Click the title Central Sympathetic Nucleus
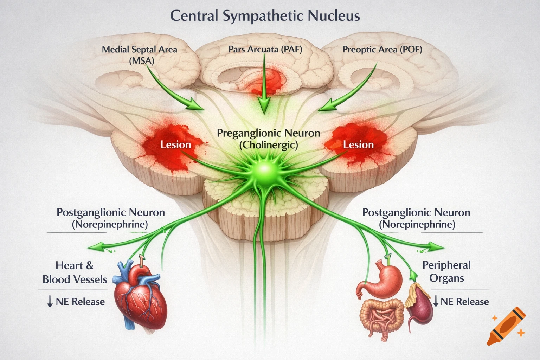tap(265, 16)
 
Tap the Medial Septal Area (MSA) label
tap(140, 54)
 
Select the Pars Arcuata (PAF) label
tap(265, 49)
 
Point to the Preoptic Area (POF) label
tap(382, 49)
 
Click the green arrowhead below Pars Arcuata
tap(264, 105)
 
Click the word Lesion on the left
tap(175, 144)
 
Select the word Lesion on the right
tap(358, 144)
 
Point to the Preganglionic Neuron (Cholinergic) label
tap(268, 139)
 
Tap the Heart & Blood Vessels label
tap(75, 272)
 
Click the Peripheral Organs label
tap(446, 271)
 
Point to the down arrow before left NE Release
tap(50, 302)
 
